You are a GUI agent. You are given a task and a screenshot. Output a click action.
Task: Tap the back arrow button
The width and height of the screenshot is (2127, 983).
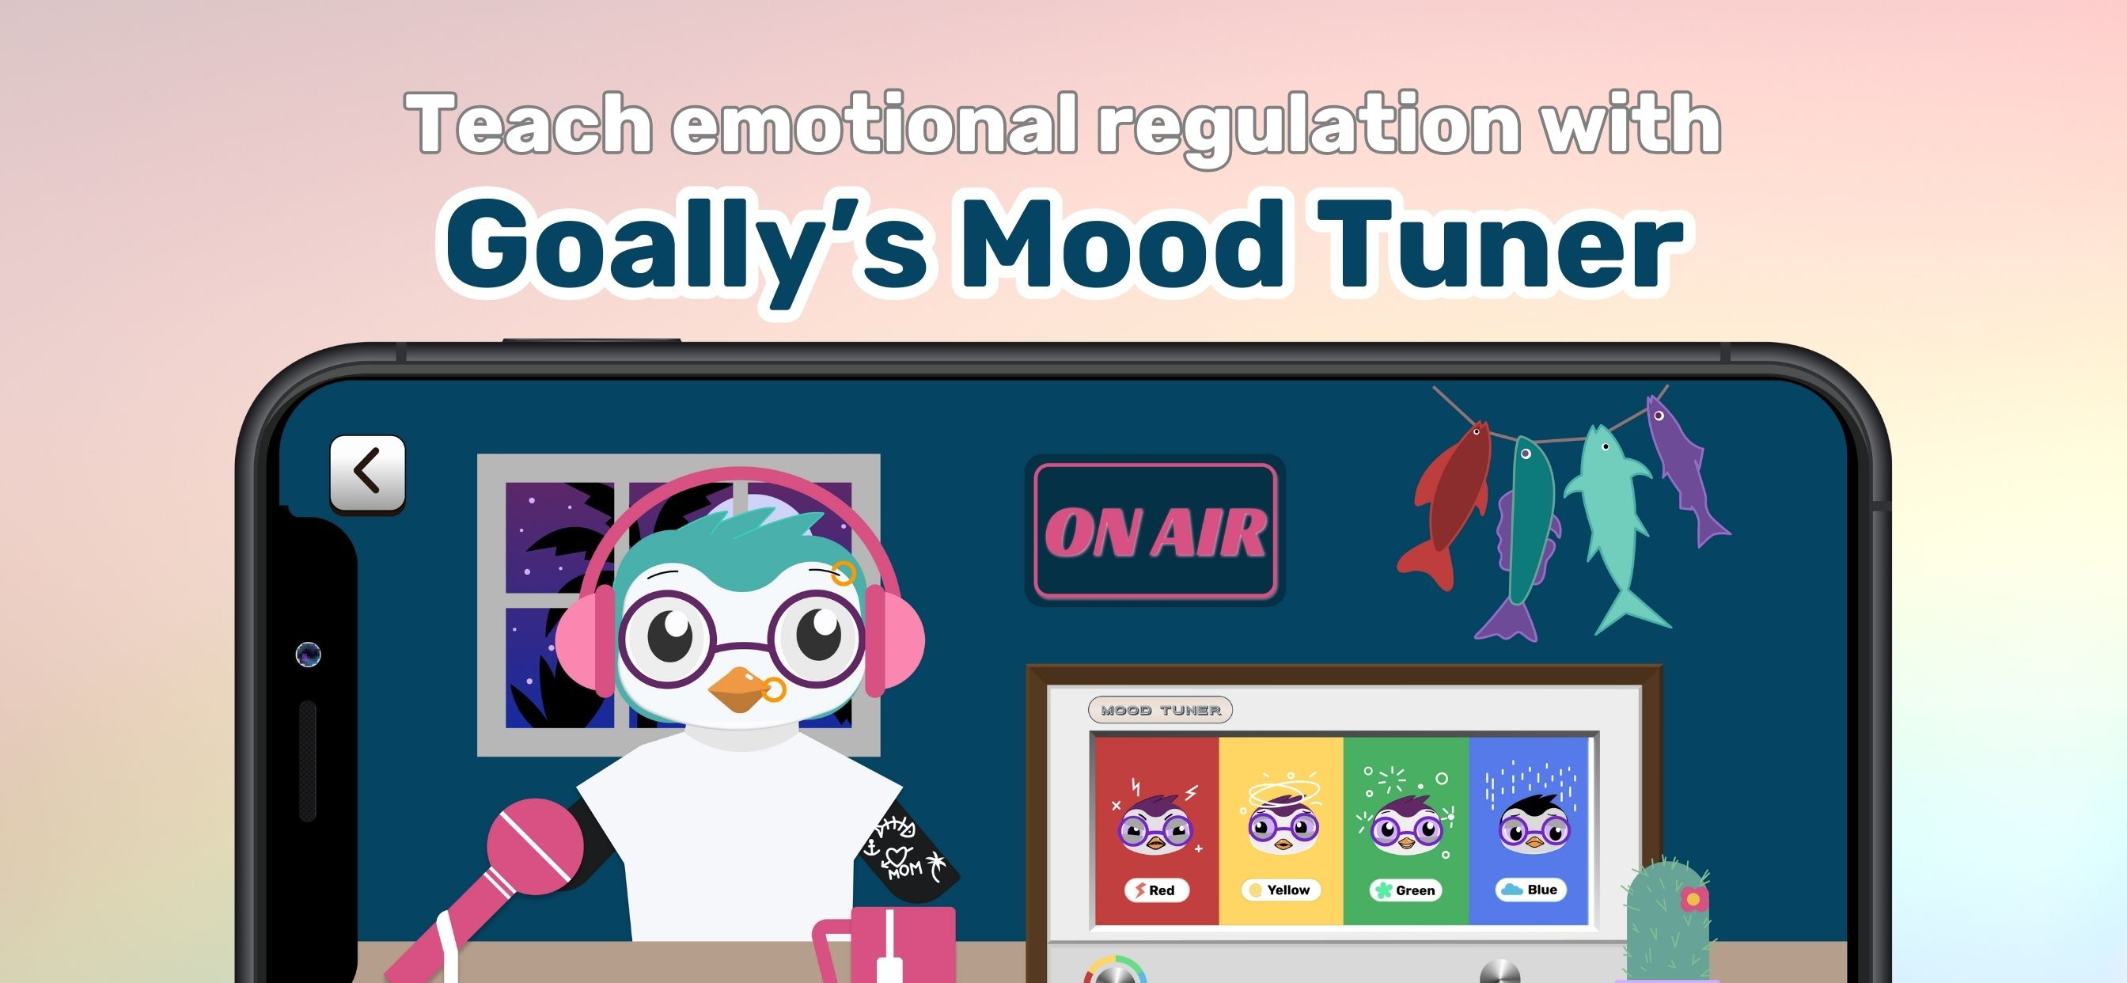click(x=367, y=473)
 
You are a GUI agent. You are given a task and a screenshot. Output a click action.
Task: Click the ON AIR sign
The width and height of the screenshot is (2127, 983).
click(x=1155, y=530)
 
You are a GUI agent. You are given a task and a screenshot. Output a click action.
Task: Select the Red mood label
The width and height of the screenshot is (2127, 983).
click(x=1155, y=890)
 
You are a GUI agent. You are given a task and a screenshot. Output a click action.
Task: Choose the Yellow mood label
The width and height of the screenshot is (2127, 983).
click(x=1280, y=890)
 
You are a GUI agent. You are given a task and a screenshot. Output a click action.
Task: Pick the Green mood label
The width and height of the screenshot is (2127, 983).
click(x=1406, y=890)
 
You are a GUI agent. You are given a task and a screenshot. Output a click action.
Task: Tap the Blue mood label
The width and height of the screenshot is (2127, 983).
click(x=1531, y=890)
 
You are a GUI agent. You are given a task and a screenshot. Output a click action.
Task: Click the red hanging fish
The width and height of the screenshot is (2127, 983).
click(x=1446, y=506)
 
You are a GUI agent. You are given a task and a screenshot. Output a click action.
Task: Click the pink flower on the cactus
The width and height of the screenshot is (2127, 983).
click(x=1693, y=898)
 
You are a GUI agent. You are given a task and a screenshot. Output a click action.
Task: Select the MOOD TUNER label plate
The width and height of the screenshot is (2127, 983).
click(x=1160, y=710)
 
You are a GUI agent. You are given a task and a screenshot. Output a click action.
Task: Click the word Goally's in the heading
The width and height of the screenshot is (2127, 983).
click(x=686, y=246)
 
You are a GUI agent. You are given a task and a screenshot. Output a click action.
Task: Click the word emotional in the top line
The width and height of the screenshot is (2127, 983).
click(x=874, y=124)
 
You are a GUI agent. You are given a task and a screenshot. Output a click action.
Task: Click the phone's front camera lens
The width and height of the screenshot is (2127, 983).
click(x=308, y=655)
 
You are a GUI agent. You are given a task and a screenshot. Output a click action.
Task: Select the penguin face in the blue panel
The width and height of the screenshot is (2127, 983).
click(x=1534, y=823)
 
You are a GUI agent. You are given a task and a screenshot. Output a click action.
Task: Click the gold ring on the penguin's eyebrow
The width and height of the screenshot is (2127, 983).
click(x=843, y=573)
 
